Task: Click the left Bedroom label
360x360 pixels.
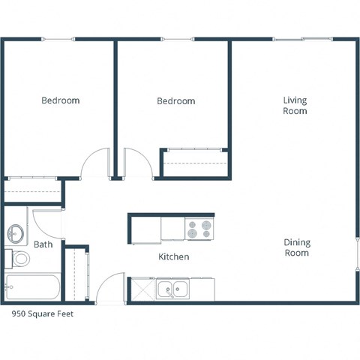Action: (60, 100)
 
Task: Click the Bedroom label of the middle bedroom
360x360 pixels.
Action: (175, 101)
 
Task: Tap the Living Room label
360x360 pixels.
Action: (295, 106)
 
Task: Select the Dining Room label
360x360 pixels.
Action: (296, 248)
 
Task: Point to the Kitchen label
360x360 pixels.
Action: (173, 257)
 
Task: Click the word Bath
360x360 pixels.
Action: (43, 244)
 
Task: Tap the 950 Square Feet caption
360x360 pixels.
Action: (42, 315)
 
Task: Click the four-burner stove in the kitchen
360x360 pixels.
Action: (199, 228)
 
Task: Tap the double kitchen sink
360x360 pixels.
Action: (173, 288)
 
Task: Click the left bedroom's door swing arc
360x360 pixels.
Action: (96, 163)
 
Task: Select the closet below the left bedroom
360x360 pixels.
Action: (32, 191)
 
